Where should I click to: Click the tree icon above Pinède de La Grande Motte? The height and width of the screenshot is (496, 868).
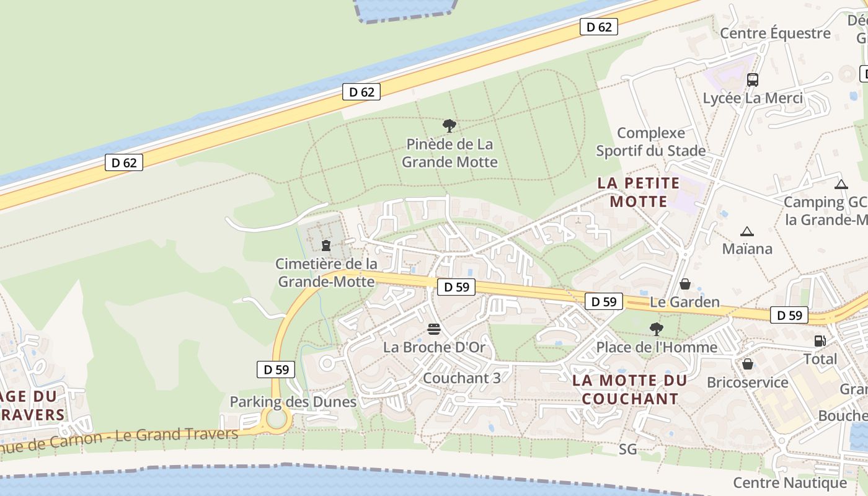pyautogui.click(x=449, y=126)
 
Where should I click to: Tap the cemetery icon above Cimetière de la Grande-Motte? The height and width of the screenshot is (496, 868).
pyautogui.click(x=326, y=246)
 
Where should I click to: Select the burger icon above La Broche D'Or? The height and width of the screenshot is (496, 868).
pyautogui.click(x=434, y=329)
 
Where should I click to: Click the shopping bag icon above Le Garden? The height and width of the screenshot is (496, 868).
pyautogui.click(x=685, y=284)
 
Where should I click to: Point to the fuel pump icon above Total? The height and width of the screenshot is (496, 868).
pyautogui.click(x=820, y=340)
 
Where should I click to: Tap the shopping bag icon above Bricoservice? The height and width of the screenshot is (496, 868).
pyautogui.click(x=748, y=364)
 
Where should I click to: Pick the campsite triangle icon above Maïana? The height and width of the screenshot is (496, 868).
pyautogui.click(x=747, y=232)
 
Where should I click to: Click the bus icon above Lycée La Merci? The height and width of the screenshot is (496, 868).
pyautogui.click(x=753, y=79)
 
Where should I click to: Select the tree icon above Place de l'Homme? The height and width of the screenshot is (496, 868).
pyautogui.click(x=657, y=329)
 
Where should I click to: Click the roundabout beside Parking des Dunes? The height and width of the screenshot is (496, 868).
pyautogui.click(x=277, y=420)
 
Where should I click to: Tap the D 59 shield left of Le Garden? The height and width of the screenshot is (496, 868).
pyautogui.click(x=603, y=301)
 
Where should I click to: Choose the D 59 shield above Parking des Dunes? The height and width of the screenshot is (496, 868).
pyautogui.click(x=276, y=369)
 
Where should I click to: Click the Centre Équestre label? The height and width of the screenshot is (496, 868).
pyautogui.click(x=775, y=33)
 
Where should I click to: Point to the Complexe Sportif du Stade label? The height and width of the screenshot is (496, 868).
pyautogui.click(x=651, y=142)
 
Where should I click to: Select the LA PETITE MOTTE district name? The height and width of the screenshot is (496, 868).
pyautogui.click(x=639, y=192)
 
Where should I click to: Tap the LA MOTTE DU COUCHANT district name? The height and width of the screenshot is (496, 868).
pyautogui.click(x=630, y=389)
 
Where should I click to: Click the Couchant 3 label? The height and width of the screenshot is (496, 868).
pyautogui.click(x=461, y=378)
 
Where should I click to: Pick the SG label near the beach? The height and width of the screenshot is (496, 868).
pyautogui.click(x=628, y=449)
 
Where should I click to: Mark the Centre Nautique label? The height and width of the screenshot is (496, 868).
pyautogui.click(x=790, y=482)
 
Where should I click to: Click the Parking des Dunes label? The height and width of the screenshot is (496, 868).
pyautogui.click(x=293, y=402)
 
